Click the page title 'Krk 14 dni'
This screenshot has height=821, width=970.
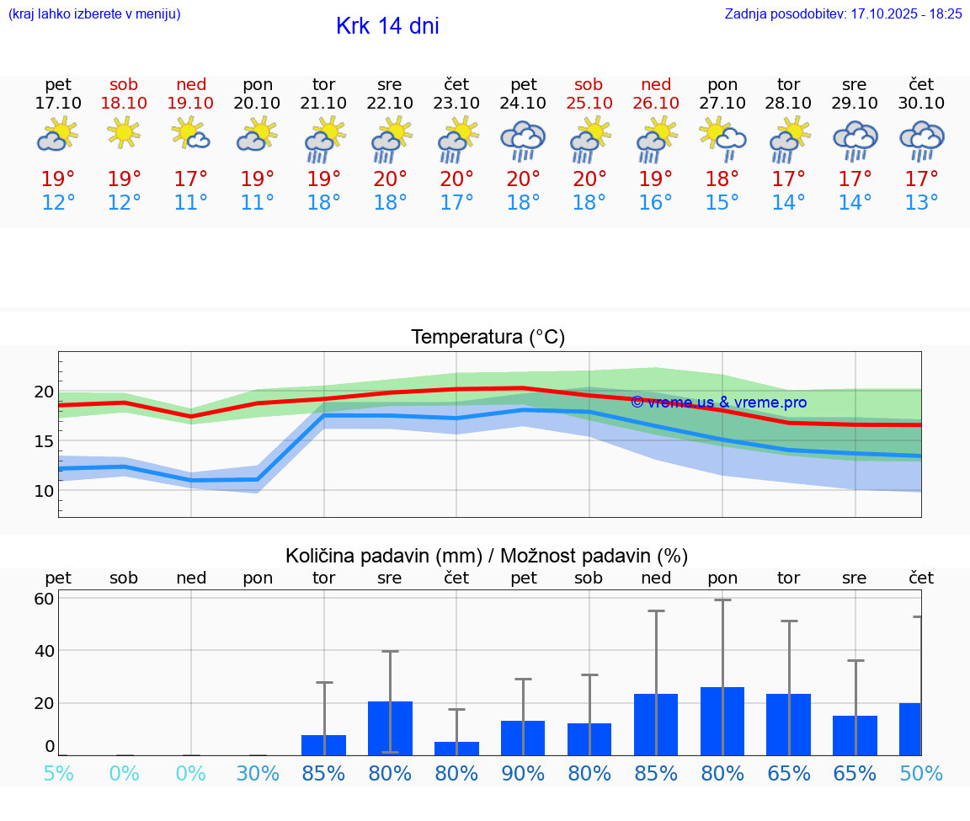pyautogui.click(x=387, y=26)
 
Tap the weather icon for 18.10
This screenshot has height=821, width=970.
pyautogui.click(x=124, y=133)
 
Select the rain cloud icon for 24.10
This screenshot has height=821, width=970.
pyautogui.click(x=523, y=141)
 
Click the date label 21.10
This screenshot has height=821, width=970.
pyautogui.click(x=323, y=103)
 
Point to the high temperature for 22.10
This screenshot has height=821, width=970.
pyautogui.click(x=390, y=179)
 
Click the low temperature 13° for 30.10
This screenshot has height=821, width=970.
pyautogui.click(x=921, y=203)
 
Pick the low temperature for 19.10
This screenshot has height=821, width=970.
pyautogui.click(x=190, y=203)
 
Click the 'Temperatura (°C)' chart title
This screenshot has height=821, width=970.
pyautogui.click(x=488, y=338)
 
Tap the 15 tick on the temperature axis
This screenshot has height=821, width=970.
pyautogui.click(x=44, y=441)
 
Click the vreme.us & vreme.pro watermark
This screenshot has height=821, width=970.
pyautogui.click(x=718, y=403)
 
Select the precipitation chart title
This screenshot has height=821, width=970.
pyautogui.click(x=487, y=556)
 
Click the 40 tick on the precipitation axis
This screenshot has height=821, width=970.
pyautogui.click(x=44, y=651)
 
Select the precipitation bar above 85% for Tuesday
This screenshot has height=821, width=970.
pyautogui.click(x=323, y=745)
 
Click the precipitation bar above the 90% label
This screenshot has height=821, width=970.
pyautogui.click(x=523, y=738)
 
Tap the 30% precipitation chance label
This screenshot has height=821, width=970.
pyautogui.click(x=257, y=774)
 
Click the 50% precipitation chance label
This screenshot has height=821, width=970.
pyautogui.click(x=921, y=774)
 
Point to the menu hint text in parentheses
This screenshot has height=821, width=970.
pyautogui.click(x=94, y=14)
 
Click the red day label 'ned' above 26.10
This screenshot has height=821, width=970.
pyautogui.click(x=656, y=84)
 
